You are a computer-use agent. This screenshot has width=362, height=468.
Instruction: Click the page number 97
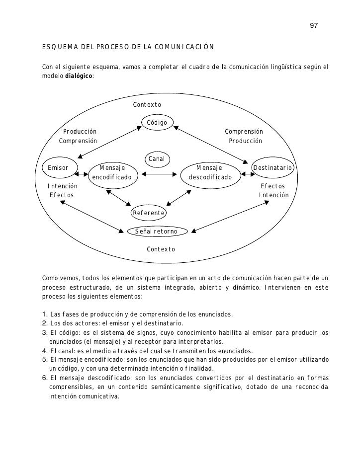[314, 25]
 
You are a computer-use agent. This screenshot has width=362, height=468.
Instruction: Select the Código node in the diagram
[157, 123]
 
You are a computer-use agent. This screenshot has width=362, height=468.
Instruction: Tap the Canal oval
[157, 159]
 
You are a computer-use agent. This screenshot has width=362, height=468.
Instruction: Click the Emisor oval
[58, 168]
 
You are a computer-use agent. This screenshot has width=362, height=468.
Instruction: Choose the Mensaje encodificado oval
[112, 172]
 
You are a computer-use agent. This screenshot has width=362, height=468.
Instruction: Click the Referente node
[148, 213]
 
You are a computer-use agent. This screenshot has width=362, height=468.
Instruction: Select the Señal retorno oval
[156, 232]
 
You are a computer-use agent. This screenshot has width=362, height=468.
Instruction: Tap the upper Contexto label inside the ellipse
[147, 105]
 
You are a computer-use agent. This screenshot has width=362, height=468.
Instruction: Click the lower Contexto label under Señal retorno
[161, 248]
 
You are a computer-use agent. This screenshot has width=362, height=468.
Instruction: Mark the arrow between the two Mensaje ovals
[161, 174]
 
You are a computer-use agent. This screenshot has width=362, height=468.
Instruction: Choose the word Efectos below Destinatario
[273, 186]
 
